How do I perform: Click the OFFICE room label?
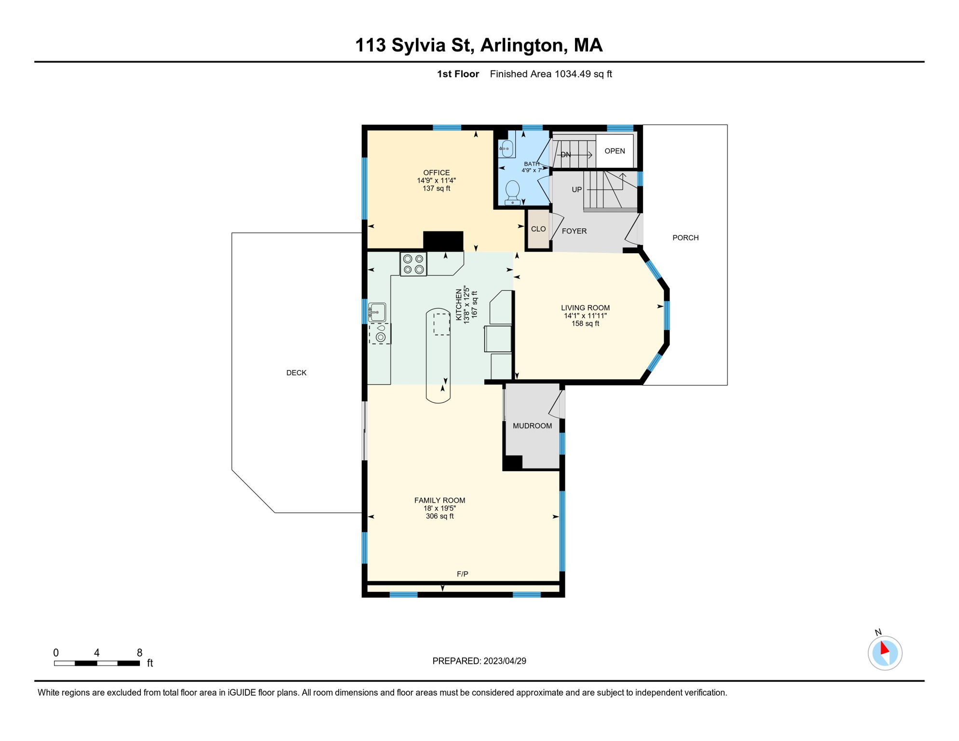click(437, 173)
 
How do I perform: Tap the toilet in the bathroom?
click(512, 193)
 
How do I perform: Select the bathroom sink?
click(506, 149)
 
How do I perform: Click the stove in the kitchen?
click(413, 264)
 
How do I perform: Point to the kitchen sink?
click(377, 312)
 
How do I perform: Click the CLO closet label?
click(538, 229)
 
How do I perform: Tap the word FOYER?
click(574, 231)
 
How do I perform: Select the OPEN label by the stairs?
click(615, 151)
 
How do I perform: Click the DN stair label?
click(565, 155)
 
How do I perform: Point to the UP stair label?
click(577, 190)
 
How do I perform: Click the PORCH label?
click(685, 238)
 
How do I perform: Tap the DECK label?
click(296, 373)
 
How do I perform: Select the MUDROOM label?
click(532, 426)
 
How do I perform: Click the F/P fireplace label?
click(462, 574)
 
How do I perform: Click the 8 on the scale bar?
click(139, 653)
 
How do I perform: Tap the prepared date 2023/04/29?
click(505, 661)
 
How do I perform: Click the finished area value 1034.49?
click(573, 74)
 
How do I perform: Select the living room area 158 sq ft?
click(585, 324)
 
